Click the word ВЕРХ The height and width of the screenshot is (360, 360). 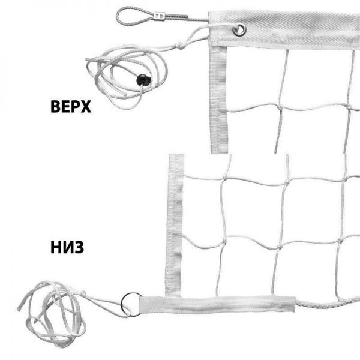pos(71,107)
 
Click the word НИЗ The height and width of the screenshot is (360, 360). pos(67,247)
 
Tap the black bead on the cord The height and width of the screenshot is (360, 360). pos(143,80)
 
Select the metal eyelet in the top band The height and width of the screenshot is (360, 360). pos(239,29)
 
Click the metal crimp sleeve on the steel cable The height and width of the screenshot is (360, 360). pos(160,16)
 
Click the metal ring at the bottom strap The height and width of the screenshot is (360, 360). pos(131,304)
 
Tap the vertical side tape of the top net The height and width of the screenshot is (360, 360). pos(218,99)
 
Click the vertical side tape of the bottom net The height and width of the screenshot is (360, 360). pos(174,225)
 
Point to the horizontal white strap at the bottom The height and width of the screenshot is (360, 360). pos(217,304)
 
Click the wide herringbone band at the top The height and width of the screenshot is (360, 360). pos(284,30)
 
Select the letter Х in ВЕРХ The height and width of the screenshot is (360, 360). pos(86,107)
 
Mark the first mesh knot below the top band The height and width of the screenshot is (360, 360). pos(280,107)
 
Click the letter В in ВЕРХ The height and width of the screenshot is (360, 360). pos(55,107)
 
